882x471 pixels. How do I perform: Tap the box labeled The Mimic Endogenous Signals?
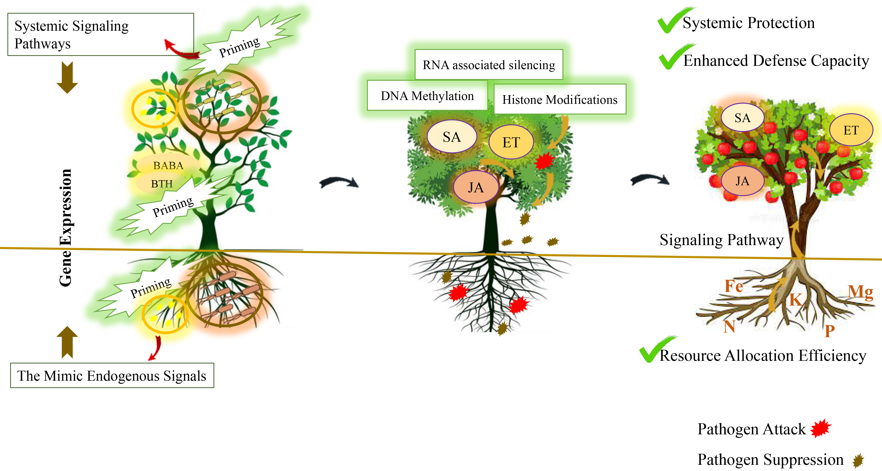pyautogui.click(x=112, y=376)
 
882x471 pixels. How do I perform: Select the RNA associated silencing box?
pyautogui.click(x=489, y=65)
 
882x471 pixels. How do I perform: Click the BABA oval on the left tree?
pyautogui.click(x=168, y=166)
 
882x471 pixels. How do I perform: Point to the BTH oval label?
pyautogui.click(x=162, y=184)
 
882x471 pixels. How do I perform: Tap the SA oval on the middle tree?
pyautogui.click(x=452, y=137)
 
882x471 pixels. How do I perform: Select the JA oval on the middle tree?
pyautogui.click(x=476, y=187)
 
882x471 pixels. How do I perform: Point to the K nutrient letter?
pyautogui.click(x=795, y=300)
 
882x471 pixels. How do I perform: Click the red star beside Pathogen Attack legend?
pyautogui.click(x=821, y=429)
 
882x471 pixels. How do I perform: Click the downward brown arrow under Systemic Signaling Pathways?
pyautogui.click(x=67, y=78)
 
